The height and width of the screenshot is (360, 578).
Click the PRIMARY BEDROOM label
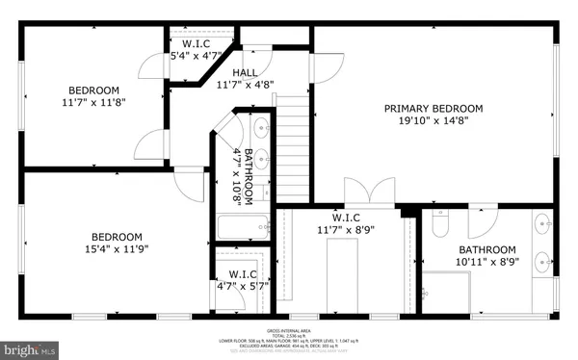coord(433,108)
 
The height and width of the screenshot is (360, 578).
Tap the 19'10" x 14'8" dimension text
coord(433,121)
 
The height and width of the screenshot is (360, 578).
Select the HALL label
coord(244,73)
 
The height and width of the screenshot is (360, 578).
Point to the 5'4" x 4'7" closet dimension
coord(196,56)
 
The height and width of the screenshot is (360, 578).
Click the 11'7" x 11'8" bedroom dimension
coord(94,101)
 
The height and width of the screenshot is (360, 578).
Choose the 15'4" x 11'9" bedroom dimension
coord(117,249)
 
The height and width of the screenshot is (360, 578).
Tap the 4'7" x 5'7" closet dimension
coord(237,285)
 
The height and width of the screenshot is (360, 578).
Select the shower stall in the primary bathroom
coord(445,289)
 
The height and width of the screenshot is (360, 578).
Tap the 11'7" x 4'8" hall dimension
coord(245,85)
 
